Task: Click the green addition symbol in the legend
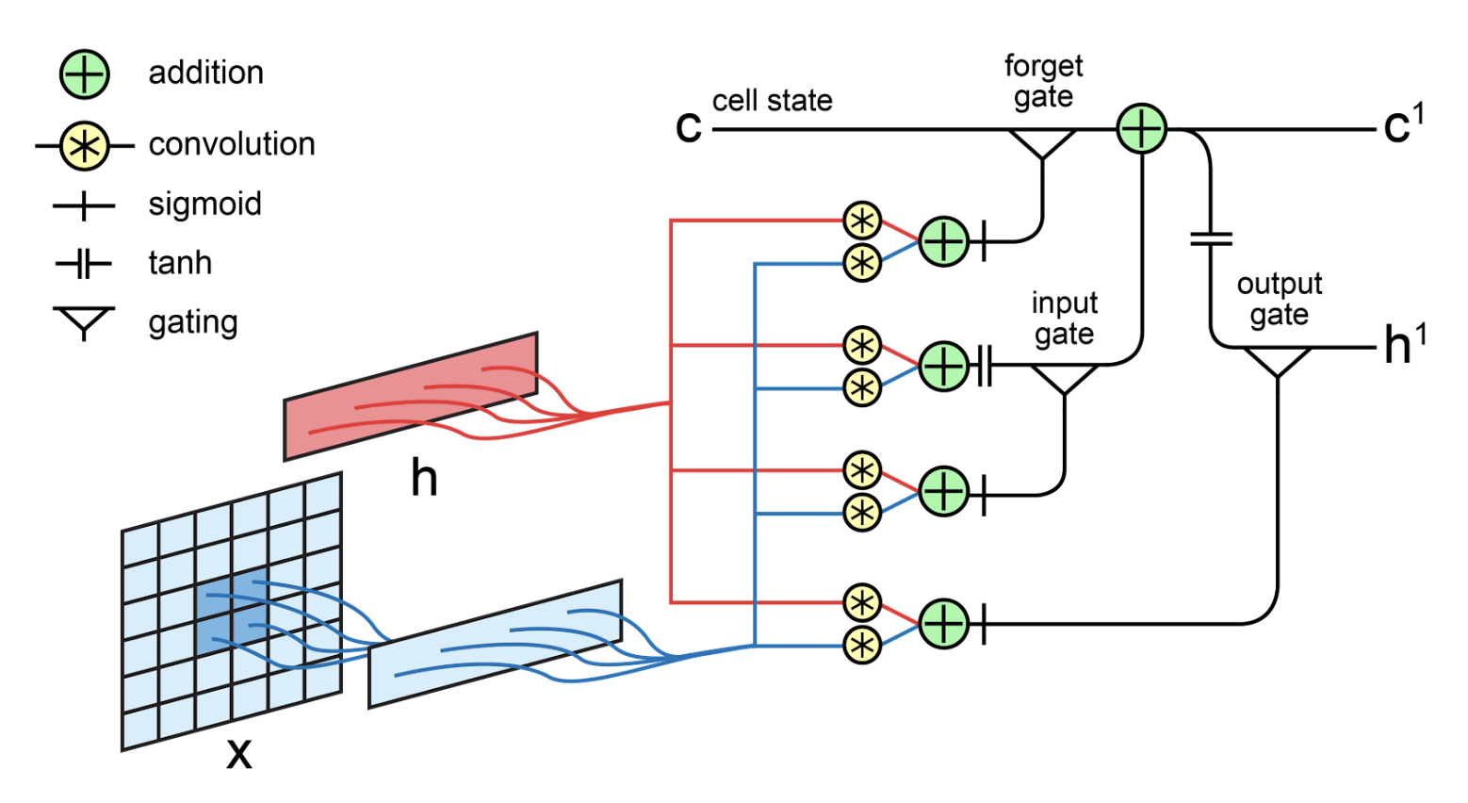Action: click(85, 74)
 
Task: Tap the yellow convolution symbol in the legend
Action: click(85, 147)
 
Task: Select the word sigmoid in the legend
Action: click(204, 205)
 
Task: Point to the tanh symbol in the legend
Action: click(84, 264)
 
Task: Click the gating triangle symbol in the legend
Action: click(84, 320)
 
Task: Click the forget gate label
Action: click(1043, 82)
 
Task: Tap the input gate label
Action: click(1064, 319)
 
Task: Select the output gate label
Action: click(1279, 299)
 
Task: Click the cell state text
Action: click(772, 101)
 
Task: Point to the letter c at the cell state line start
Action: click(689, 127)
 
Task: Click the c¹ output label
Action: click(1403, 125)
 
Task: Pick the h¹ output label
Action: click(1404, 345)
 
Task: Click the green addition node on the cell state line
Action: click(1141, 129)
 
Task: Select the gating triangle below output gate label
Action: click(1277, 360)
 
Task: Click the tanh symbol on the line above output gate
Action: click(1211, 238)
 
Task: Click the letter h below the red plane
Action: click(424, 479)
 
